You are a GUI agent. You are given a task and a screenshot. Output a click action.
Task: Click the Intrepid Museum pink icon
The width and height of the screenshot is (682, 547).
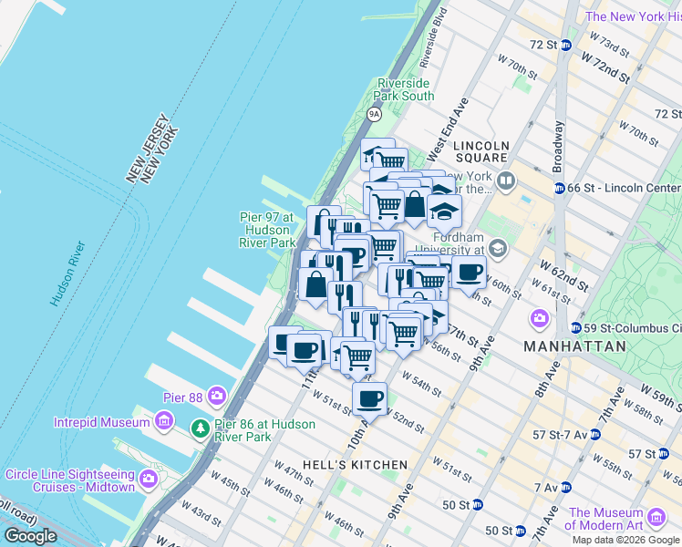coord(163,421)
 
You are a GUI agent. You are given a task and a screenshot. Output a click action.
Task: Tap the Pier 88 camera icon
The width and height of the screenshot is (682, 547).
coord(217,395)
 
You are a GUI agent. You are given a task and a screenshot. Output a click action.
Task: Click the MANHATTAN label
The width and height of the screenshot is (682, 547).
coord(574,346)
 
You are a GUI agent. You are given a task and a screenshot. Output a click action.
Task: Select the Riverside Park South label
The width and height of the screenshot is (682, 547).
coord(406,89)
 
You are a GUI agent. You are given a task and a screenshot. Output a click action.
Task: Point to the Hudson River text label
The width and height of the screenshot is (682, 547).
coord(68,273)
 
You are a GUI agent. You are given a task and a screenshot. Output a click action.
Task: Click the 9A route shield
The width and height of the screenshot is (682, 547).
coord(374,114)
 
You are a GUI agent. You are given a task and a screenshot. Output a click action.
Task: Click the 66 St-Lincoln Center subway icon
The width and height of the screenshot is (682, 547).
coord(559,188)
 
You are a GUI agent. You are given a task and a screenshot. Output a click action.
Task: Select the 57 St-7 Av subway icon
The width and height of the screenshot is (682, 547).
coord(594,435)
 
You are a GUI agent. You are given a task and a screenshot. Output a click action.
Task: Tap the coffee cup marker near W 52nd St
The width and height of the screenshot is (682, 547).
coord(369,398)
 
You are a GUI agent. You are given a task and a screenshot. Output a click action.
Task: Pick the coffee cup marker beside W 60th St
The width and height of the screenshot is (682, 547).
coord(469,271)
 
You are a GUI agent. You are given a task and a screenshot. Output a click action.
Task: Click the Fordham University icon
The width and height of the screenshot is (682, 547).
coord(497,247)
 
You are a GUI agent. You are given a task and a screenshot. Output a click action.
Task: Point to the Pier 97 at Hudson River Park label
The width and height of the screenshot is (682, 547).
coord(267,230)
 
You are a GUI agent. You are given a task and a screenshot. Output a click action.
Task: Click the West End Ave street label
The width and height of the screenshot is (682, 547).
coord(449,126)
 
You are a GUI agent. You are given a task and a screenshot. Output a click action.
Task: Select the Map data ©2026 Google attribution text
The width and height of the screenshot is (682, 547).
coord(625,540)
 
